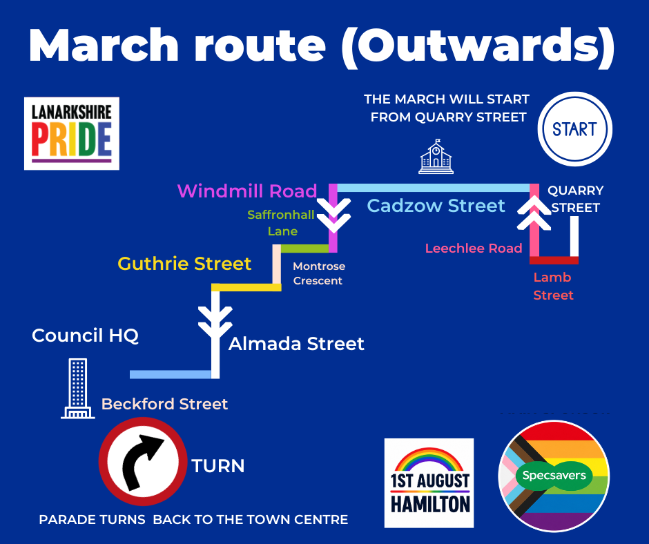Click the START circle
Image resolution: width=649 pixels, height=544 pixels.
point(574,129)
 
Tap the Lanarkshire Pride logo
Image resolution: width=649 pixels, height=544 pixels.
point(72,133)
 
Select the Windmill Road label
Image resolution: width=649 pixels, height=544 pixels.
point(247,191)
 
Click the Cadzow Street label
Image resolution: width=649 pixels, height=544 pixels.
point(436,205)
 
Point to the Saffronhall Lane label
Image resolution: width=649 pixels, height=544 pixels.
point(281,223)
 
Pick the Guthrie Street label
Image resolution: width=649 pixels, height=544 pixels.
point(184,263)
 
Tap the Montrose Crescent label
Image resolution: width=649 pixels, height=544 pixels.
point(319,273)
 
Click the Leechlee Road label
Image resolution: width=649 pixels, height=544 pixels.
point(474,248)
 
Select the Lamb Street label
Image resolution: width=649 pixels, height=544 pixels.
point(553,286)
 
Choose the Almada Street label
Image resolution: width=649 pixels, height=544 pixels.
point(296,344)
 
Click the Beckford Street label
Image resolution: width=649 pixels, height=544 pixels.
point(164,404)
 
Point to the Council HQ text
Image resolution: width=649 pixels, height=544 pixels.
point(85,336)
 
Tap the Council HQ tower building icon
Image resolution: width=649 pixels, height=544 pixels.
point(78,389)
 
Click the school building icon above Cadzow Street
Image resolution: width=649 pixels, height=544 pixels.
point(436,157)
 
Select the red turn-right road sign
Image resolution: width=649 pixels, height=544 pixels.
point(143,461)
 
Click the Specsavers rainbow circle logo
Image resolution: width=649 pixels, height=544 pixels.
point(554,476)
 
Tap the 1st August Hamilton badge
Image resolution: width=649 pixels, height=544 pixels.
point(429,483)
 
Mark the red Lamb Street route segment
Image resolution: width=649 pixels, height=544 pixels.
point(554,260)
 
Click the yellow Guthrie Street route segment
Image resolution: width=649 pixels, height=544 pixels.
point(246,287)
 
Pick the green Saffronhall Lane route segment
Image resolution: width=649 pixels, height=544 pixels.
point(304,249)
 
